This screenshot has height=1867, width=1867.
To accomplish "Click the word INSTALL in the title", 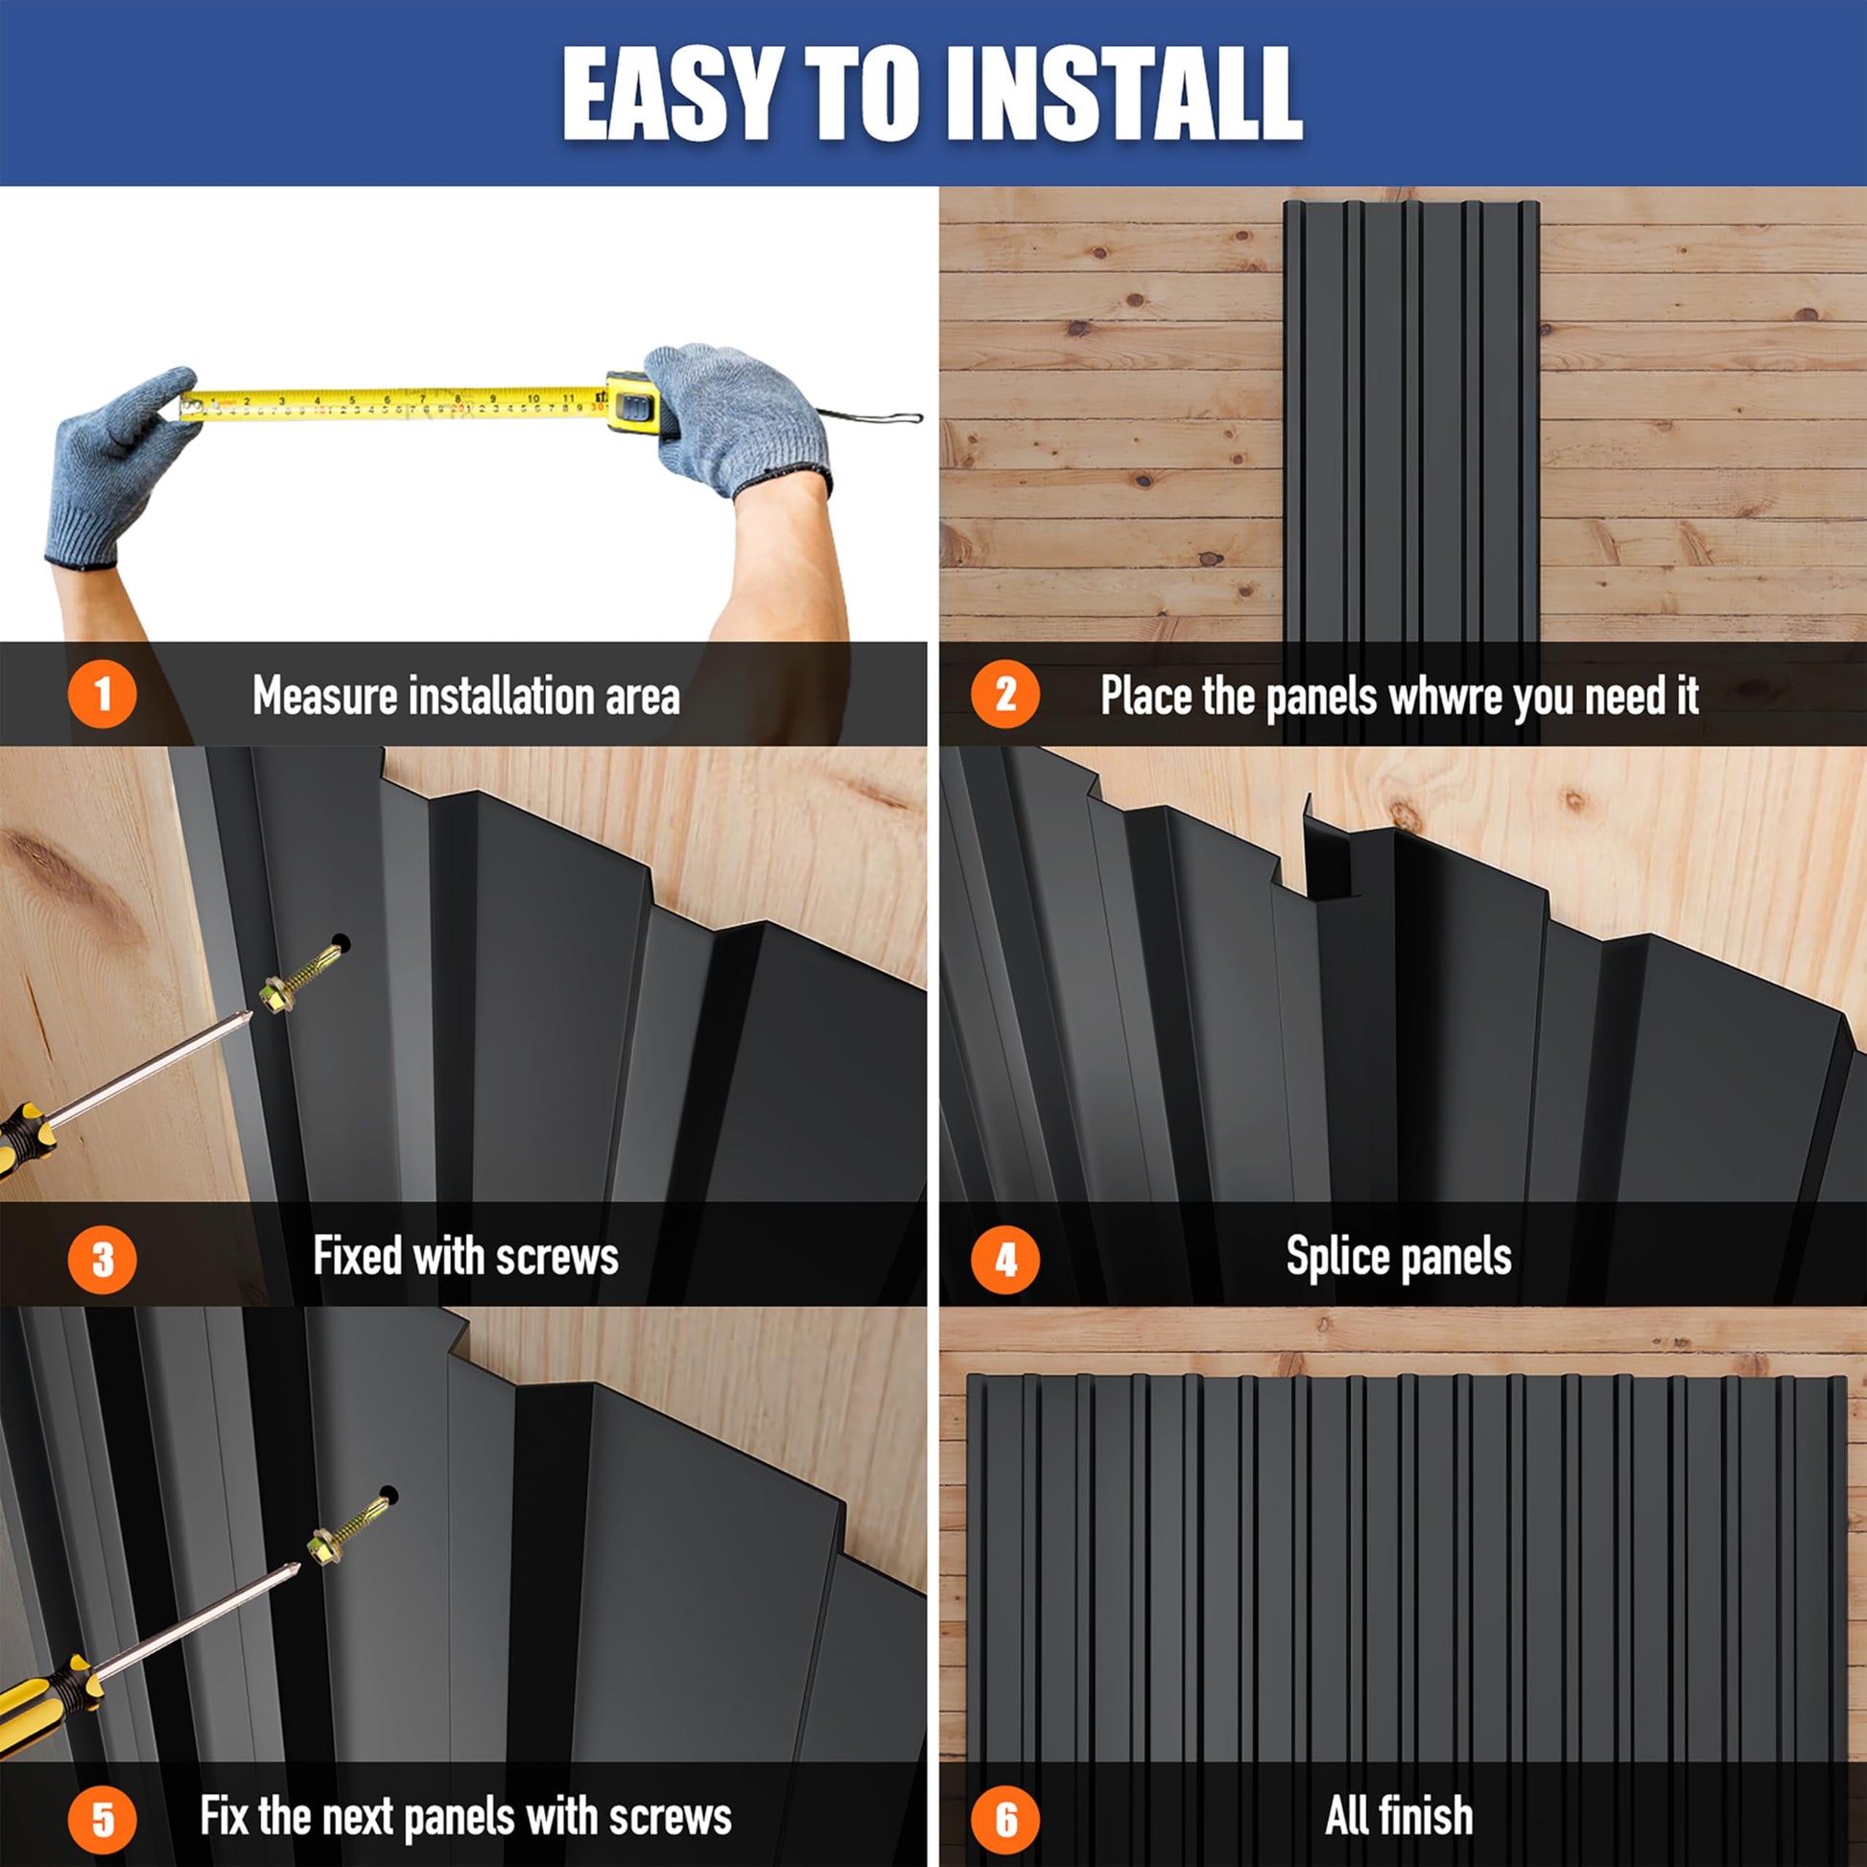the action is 1125,95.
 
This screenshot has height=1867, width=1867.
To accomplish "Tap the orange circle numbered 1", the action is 103,694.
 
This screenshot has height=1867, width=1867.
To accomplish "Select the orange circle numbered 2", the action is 1005,694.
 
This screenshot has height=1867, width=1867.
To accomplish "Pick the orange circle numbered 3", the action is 103,1259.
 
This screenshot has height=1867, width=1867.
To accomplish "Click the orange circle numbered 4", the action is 1005,1259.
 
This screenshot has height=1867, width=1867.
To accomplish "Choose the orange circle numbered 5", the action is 103,1820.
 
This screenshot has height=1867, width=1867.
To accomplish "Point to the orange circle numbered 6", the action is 1005,1820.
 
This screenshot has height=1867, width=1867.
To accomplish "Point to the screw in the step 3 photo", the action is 304,971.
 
